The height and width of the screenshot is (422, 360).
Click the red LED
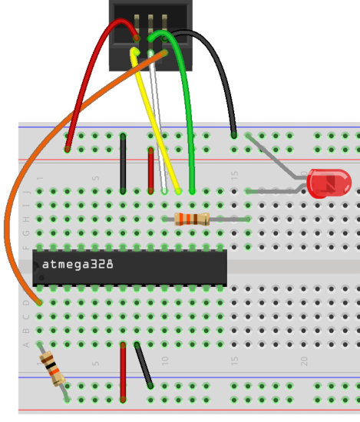tap(329, 183)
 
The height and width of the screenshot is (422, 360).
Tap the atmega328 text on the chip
tap(78, 264)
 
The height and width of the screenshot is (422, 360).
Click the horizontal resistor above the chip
tap(191, 219)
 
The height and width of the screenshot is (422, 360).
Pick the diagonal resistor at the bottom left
tap(51, 369)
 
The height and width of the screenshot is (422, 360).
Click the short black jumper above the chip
tap(123, 163)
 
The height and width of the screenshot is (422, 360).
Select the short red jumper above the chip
tap(150, 170)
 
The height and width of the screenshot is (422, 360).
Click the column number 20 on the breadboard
tap(305, 360)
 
